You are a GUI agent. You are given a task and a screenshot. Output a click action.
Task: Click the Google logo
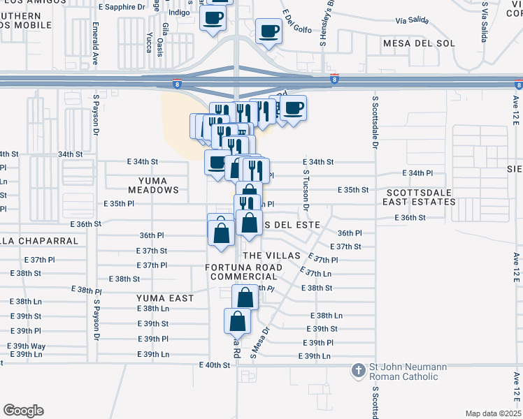coord(23,411)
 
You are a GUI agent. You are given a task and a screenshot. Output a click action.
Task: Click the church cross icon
coord(358,370)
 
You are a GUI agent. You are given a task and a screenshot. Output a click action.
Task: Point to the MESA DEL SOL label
coord(419,43)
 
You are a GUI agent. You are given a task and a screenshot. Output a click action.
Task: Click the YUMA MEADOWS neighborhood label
coord(153,184)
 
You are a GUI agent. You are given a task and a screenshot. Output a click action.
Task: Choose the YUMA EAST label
coord(164,298)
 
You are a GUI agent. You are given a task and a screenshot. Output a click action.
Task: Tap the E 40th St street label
coord(215,365)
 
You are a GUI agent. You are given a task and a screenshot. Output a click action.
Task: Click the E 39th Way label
coord(27,346)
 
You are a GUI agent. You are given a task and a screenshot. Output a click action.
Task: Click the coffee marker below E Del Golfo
coord(268,31)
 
